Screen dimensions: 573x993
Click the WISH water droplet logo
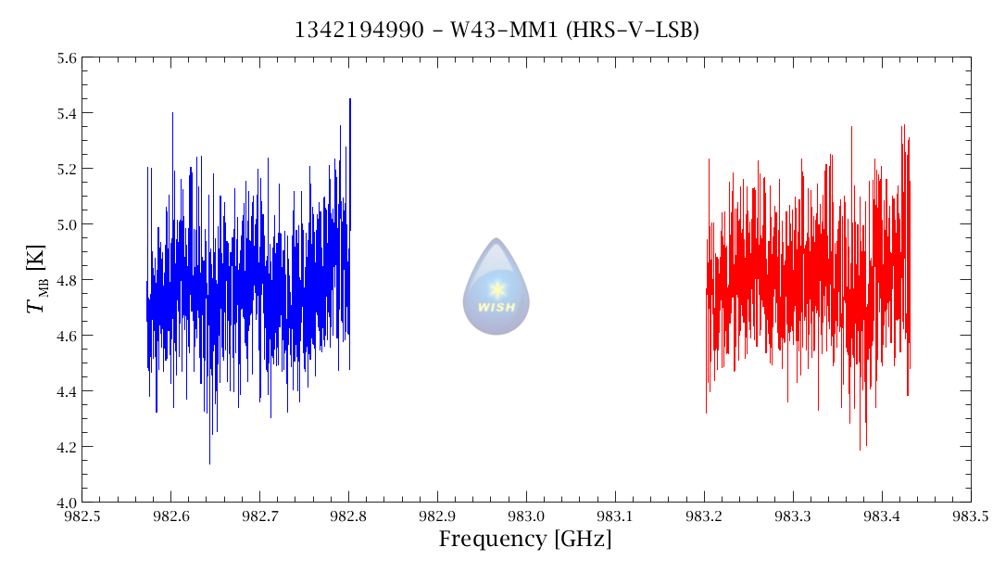(496, 286)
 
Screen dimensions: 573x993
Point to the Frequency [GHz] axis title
(525, 540)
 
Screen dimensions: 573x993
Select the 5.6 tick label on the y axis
(66, 58)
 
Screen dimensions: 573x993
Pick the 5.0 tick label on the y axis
(66, 224)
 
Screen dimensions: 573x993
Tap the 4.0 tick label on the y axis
(66, 503)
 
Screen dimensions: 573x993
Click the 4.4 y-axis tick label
(66, 391)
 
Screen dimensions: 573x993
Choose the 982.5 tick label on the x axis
(82, 516)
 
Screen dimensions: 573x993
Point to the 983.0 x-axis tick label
(526, 516)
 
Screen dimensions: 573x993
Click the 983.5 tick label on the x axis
(971, 516)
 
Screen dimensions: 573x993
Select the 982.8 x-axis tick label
(348, 516)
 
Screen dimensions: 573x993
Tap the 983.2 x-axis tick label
(704, 516)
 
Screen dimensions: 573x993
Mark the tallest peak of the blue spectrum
(350, 99)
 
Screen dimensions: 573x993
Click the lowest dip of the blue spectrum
(209, 463)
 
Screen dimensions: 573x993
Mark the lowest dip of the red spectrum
(860, 450)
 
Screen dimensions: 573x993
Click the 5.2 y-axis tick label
(66, 169)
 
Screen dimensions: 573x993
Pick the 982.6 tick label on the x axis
(171, 516)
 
